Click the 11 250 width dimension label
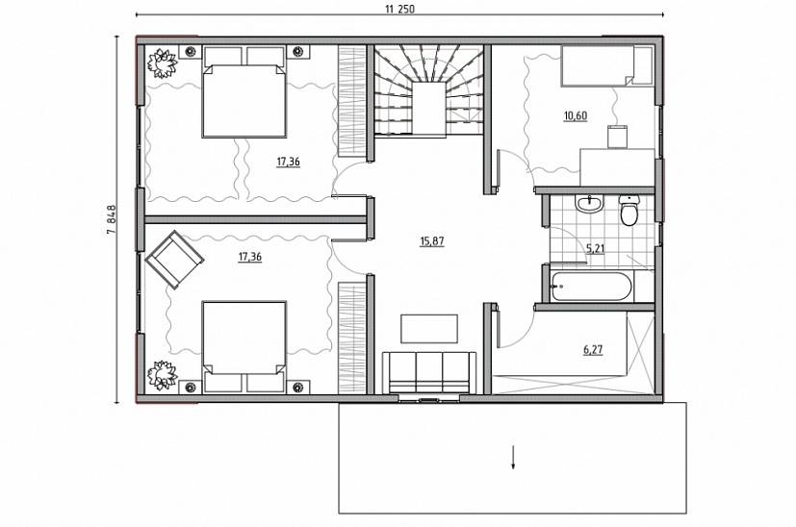pos(399,9)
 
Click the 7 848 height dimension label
pos(112,219)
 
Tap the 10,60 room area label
pos(576,115)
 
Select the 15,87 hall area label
pos(432,241)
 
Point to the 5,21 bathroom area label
pos(596,248)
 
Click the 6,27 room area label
pos(593,349)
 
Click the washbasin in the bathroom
pos(589,204)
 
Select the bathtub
pos(591,288)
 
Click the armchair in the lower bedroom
pos(174,260)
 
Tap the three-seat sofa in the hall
pos(429,373)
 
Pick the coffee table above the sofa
pos(429,329)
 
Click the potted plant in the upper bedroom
pos(162,63)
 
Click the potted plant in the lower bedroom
pos(162,376)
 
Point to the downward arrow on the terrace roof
pos(513,457)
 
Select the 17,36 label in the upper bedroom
pos(288,162)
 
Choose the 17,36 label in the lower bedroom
pos(249,257)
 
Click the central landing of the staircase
pos(429,108)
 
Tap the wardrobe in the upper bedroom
pos(352,101)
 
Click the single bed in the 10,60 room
pos(598,66)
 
